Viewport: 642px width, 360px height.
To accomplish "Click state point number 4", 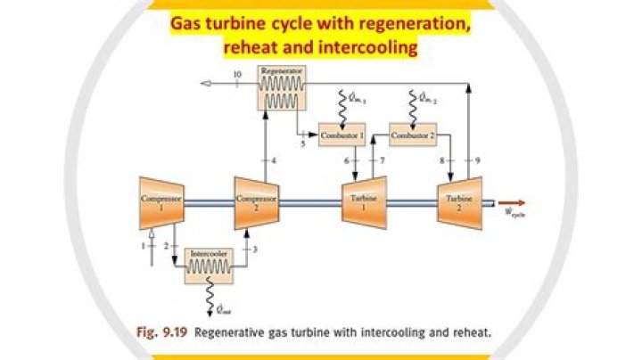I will [275, 160].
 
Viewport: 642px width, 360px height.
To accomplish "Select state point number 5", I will [302, 143].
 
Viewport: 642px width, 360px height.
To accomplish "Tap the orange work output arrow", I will [512, 201].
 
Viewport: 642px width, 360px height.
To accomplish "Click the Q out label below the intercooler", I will [225, 311].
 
